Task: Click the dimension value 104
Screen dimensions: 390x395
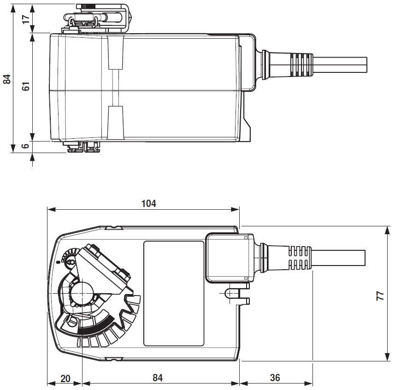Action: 149,203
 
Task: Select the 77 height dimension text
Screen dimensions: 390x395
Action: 380,295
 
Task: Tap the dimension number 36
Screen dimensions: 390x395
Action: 275,378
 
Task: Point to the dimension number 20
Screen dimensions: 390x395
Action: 65,378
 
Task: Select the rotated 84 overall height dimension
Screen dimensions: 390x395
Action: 7,79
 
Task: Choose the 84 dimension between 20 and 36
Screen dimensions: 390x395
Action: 158,378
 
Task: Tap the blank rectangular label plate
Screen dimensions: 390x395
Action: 173,293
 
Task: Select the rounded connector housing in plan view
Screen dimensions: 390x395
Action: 229,257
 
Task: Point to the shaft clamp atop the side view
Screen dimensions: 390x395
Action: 97,18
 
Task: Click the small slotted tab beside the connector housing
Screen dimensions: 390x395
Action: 233,293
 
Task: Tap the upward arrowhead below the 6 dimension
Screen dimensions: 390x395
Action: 32,157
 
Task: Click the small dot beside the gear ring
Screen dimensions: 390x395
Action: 58,262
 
